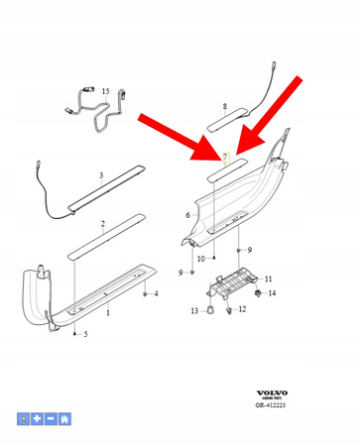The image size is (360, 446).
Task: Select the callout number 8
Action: click(x=224, y=105)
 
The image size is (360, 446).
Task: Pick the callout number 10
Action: click(x=201, y=259)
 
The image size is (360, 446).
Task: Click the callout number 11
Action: click(x=268, y=279)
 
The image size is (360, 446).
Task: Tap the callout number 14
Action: click(x=272, y=293)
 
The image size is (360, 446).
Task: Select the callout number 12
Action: click(x=242, y=309)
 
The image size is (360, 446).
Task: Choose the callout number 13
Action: click(x=194, y=311)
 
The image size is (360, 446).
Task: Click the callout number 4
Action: click(x=156, y=294)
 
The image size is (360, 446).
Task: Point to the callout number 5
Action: click(x=85, y=334)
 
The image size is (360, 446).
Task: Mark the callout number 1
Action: click(x=108, y=312)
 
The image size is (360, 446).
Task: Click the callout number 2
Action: click(x=99, y=238)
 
